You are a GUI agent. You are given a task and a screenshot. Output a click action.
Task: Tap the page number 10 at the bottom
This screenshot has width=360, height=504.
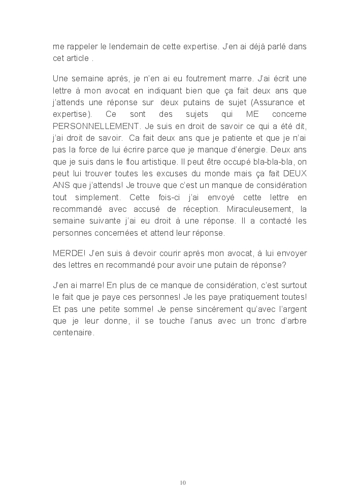coord(183,482)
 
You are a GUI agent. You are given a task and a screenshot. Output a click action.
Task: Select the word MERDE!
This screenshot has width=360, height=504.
coord(69,253)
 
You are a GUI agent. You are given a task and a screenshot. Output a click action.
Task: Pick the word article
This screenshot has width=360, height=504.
coord(77,57)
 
